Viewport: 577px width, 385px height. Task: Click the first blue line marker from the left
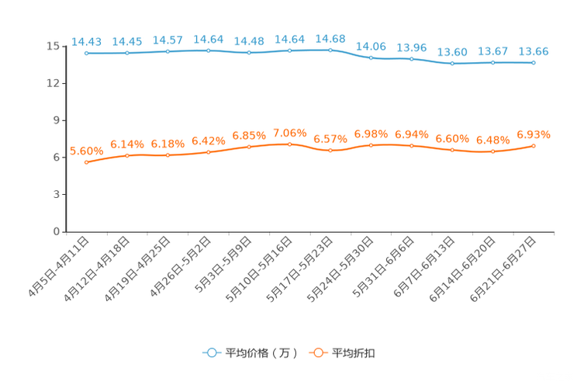tap(87, 54)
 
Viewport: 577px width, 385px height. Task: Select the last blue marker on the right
tap(534, 63)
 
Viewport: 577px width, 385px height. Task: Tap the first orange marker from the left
tap(87, 163)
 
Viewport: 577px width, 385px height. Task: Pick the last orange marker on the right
tap(534, 146)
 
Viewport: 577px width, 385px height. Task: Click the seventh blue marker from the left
tap(330, 50)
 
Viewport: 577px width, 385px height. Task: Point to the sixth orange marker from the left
tap(290, 144)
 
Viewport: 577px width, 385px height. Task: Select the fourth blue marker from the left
tap(209, 50)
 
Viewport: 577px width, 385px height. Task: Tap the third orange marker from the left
tap(168, 156)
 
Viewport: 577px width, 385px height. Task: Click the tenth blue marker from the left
tap(452, 64)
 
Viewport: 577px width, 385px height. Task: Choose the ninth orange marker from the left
tap(411, 145)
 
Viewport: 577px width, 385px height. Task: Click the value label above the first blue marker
tap(86, 41)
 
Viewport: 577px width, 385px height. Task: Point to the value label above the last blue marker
tap(534, 51)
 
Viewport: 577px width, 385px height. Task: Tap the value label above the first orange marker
tap(86, 151)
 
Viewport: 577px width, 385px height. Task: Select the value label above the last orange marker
tap(534, 134)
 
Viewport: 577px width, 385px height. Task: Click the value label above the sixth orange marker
tap(290, 132)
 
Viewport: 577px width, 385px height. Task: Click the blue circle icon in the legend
tap(212, 352)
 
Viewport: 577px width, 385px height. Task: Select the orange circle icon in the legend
tap(318, 352)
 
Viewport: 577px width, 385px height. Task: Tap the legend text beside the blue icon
tap(261, 353)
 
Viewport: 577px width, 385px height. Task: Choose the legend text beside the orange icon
tap(354, 353)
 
